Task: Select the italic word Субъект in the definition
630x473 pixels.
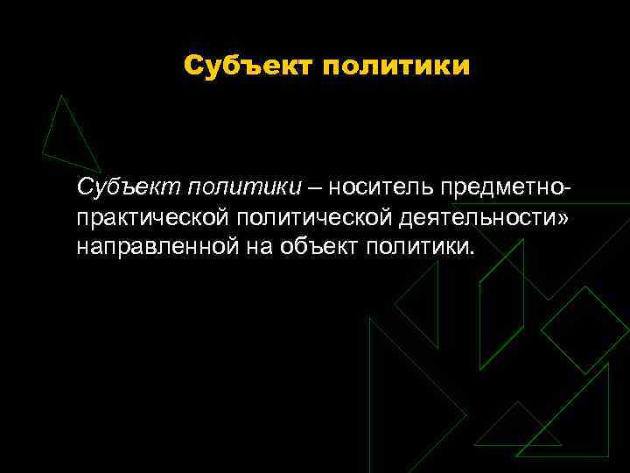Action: (x=125, y=187)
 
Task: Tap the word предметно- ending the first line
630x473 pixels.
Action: (x=508, y=187)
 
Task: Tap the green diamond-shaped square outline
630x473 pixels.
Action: (x=584, y=330)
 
